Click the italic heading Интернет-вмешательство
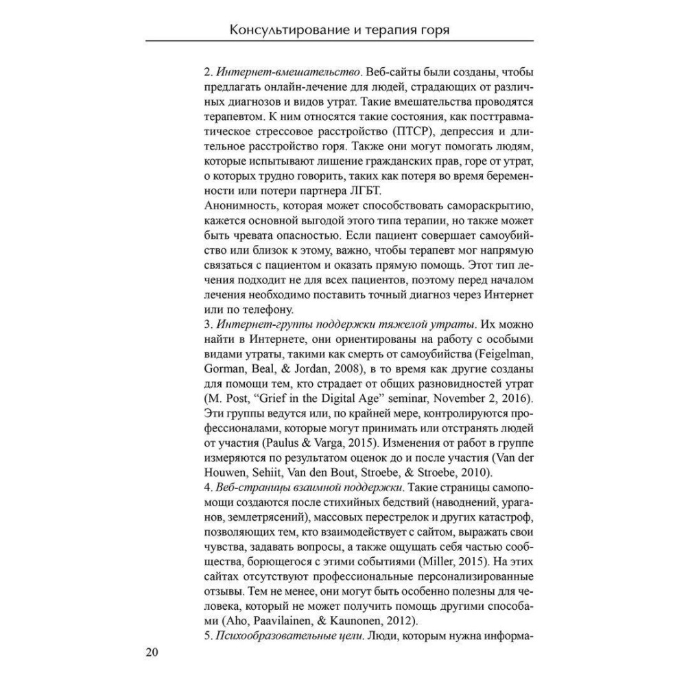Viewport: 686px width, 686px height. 288,73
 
